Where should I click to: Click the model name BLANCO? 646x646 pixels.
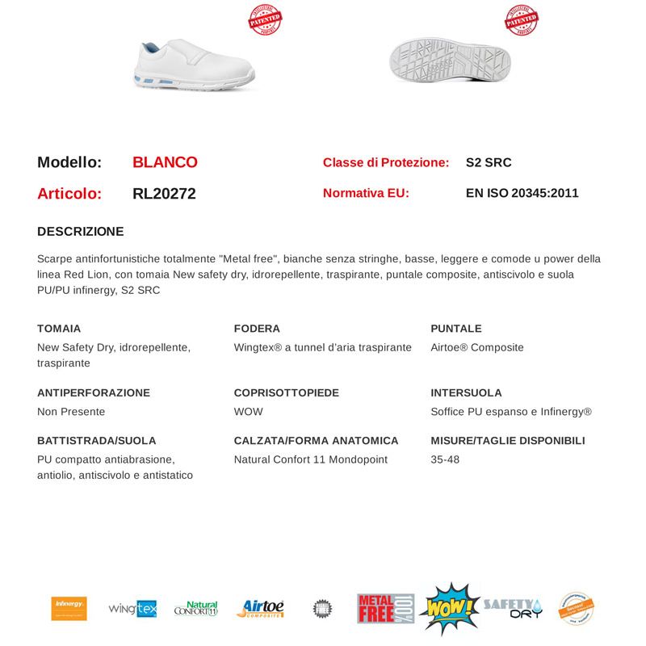coord(165,162)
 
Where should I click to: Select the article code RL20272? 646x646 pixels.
coord(164,194)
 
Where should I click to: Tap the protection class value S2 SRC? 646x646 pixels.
coord(489,162)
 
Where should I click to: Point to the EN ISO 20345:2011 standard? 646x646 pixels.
coord(522,193)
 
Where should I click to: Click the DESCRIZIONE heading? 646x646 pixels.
coord(81,232)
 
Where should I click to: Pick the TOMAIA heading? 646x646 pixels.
coord(59,329)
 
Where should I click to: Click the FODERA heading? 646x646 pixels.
coord(257,329)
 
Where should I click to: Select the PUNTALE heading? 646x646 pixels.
coord(456,329)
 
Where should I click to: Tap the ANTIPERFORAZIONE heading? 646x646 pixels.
coord(94,392)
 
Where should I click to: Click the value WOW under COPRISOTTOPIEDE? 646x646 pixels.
coord(248,412)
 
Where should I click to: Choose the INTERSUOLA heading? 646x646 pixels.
coord(466,392)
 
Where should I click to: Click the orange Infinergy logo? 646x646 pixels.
coord(69,608)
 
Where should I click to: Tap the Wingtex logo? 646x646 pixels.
coord(132,609)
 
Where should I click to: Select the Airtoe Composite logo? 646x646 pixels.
coord(260,609)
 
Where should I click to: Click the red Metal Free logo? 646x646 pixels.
coord(386,609)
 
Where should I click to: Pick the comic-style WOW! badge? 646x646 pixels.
coord(449,609)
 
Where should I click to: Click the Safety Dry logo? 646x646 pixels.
coord(513,608)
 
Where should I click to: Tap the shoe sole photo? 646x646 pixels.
coord(450,62)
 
